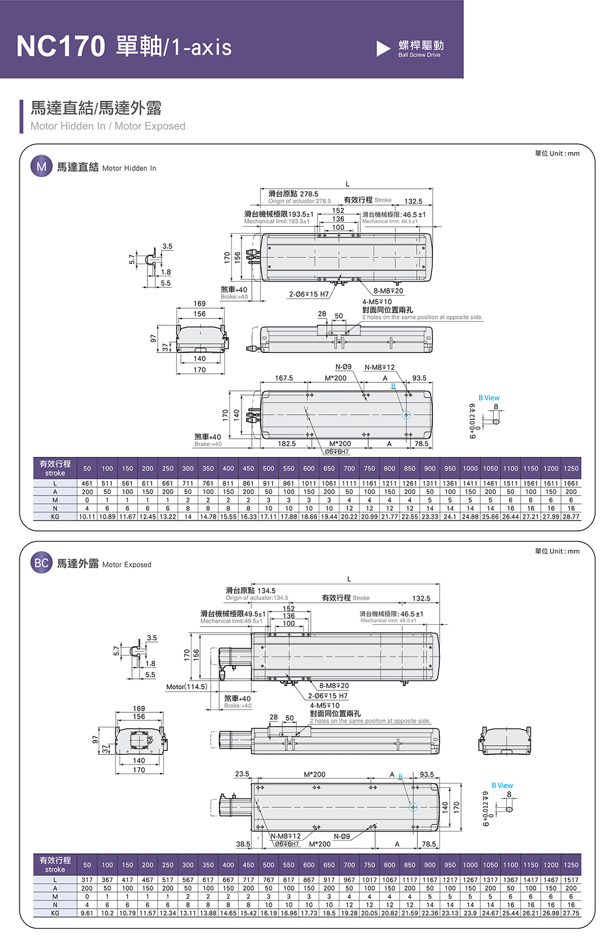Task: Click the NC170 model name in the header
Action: pos(61,46)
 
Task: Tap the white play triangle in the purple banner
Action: pos(383,48)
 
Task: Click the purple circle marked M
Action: pos(41,167)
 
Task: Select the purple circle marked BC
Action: pos(42,563)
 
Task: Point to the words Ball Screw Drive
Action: pos(419,55)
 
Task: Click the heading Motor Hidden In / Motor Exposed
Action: pos(108,126)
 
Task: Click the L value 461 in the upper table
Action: pos(87,484)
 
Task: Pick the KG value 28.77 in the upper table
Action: pos(571,517)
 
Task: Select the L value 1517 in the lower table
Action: pos(571,880)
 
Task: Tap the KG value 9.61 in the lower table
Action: pos(87,913)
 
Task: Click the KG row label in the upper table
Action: pos(55,517)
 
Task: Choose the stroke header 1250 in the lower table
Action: pos(571,865)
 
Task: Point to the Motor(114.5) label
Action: pos(187,686)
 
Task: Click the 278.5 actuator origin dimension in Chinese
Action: pos(293,194)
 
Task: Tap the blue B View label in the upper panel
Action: pos(489,398)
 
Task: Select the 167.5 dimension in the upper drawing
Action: pos(284,378)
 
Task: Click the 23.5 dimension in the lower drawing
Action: pos(242,774)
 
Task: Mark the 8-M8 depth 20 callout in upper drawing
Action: pos(389,291)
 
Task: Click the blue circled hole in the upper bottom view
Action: pos(406,415)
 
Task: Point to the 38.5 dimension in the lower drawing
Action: pos(243,844)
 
